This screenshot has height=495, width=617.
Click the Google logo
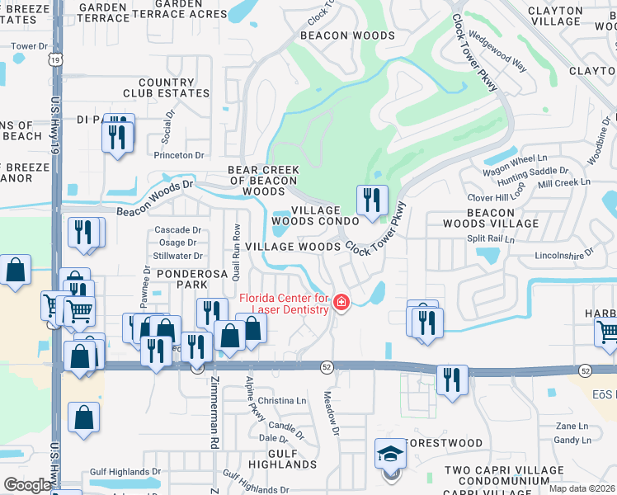click(x=26, y=485)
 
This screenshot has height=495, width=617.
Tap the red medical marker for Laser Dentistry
click(x=341, y=304)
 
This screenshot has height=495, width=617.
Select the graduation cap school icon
click(x=390, y=454)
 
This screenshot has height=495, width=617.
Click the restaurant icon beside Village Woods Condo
click(x=372, y=200)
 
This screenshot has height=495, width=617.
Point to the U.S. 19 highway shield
click(x=55, y=59)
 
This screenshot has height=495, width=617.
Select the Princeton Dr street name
click(x=178, y=154)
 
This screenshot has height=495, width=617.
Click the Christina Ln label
click(x=282, y=401)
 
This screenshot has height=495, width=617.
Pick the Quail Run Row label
click(x=237, y=247)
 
